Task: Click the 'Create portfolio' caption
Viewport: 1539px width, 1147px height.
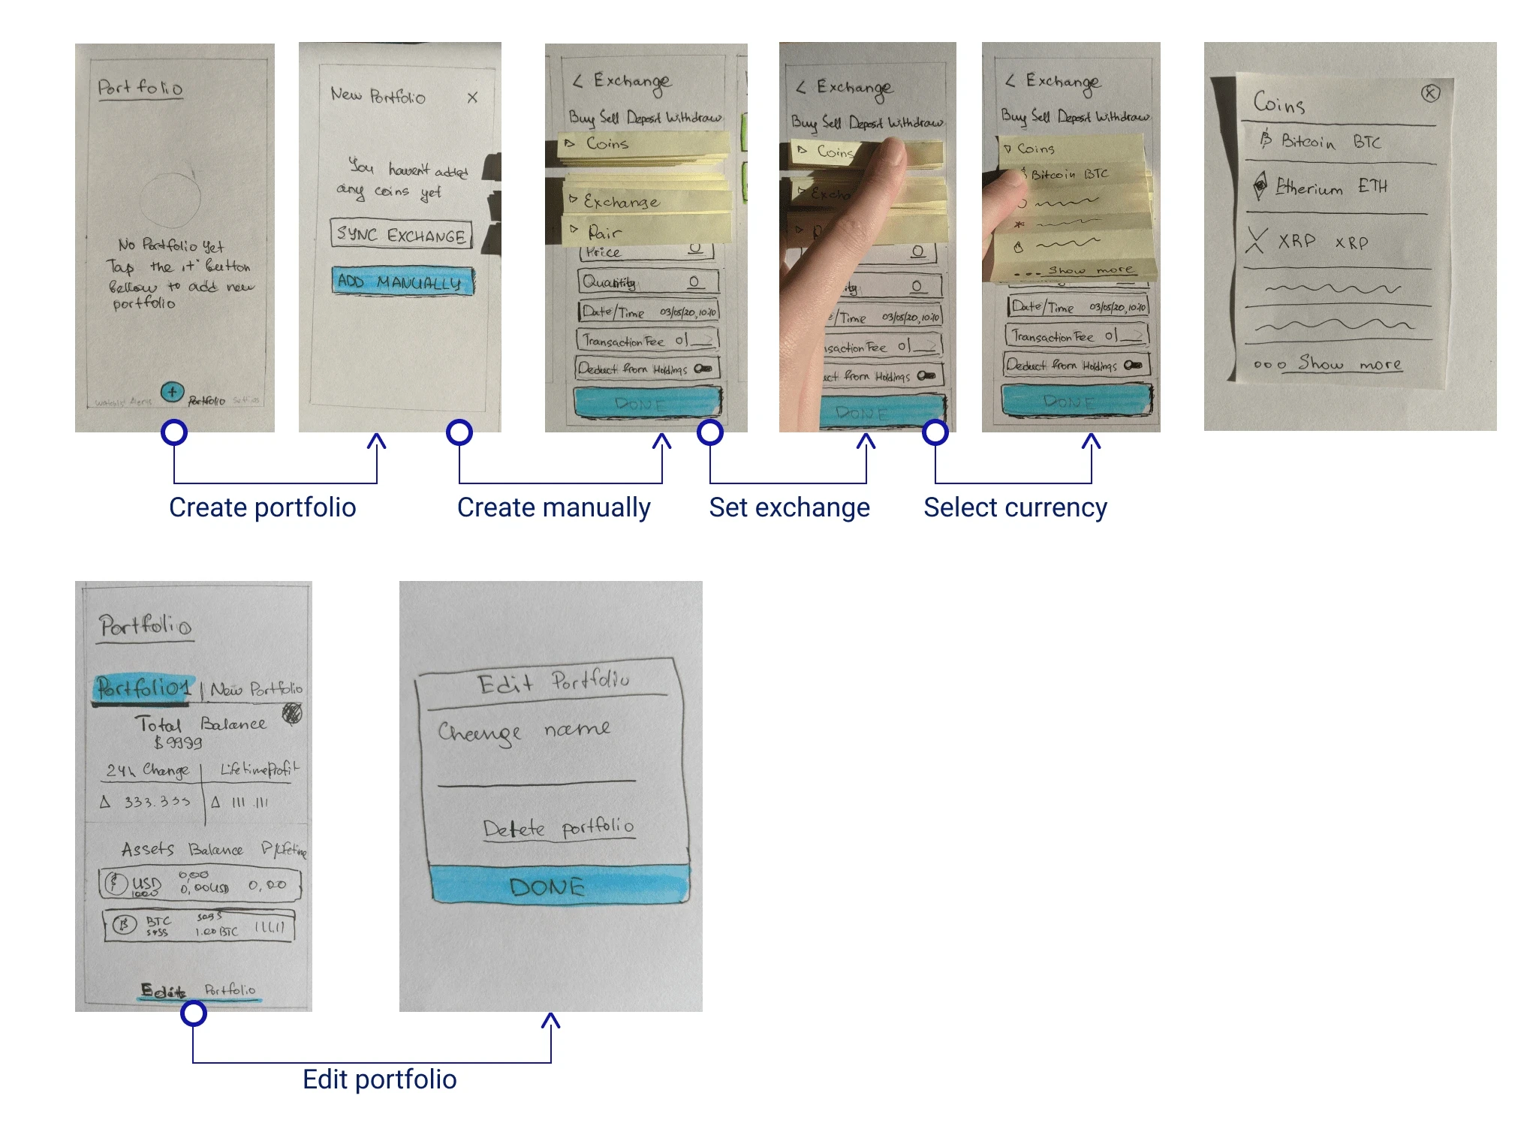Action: coord(262,508)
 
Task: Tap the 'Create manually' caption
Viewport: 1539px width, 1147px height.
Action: coord(553,508)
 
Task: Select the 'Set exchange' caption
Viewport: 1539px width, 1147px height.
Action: coord(789,508)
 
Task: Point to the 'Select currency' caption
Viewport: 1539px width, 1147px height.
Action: coord(1015,508)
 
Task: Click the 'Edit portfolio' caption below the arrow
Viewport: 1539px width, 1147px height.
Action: coord(379,1079)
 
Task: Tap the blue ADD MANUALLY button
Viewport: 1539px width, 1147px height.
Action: coord(402,281)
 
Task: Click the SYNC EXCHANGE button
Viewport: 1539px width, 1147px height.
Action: coord(401,234)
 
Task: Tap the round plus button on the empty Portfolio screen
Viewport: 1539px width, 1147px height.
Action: coord(172,391)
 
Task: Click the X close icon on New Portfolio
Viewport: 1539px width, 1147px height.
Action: coord(472,98)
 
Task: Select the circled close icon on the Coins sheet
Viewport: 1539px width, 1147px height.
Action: coord(1430,93)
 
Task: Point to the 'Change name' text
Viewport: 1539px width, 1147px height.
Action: coord(523,731)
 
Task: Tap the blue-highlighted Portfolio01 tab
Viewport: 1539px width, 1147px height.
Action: coord(143,688)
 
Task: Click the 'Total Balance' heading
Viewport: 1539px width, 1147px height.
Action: coord(200,724)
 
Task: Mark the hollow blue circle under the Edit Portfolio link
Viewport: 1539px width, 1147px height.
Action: coord(194,1013)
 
